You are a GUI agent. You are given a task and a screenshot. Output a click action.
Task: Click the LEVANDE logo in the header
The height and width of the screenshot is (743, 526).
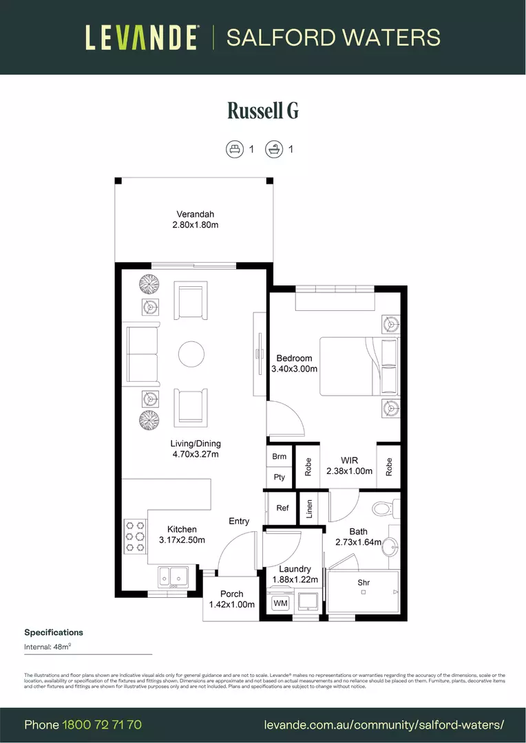point(143,37)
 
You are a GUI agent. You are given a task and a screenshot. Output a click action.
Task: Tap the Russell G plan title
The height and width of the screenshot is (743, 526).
point(263,111)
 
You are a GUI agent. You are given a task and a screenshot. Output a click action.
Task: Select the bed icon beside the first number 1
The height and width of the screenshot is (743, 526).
point(235,149)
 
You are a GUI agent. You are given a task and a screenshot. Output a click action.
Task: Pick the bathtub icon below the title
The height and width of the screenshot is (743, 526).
point(275,149)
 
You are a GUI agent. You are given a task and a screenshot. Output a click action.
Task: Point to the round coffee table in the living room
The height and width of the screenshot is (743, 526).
point(191,355)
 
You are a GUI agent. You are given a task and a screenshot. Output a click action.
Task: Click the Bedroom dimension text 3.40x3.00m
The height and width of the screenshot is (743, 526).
point(294,369)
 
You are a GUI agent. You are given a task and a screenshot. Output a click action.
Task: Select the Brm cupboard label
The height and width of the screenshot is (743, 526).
point(279,457)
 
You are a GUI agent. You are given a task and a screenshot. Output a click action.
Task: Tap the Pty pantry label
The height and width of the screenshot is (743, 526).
point(279,477)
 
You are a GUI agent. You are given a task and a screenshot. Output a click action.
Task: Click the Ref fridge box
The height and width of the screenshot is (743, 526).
point(282,508)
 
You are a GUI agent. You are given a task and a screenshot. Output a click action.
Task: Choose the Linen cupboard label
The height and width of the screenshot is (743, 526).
point(309,509)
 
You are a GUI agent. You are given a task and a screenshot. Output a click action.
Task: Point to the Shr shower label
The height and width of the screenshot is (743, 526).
point(364,583)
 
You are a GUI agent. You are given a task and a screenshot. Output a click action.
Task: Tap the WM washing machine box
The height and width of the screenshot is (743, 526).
point(280,603)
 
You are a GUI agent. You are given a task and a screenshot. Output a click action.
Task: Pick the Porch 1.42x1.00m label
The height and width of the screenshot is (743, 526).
point(232,599)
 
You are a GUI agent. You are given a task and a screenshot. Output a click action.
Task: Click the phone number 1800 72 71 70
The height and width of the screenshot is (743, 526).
point(102,725)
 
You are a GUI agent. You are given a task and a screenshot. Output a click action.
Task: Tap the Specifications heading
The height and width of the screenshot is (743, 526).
point(54,632)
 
